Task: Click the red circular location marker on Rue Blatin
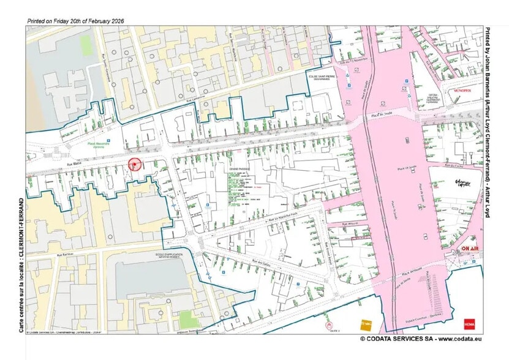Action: click(x=135, y=164)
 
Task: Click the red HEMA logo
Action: click(x=470, y=323)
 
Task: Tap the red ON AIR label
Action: click(x=470, y=249)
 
